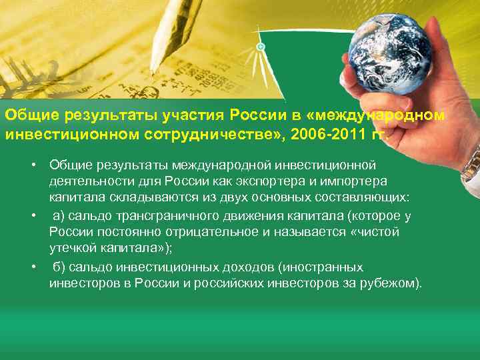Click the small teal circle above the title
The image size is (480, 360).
261,47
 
